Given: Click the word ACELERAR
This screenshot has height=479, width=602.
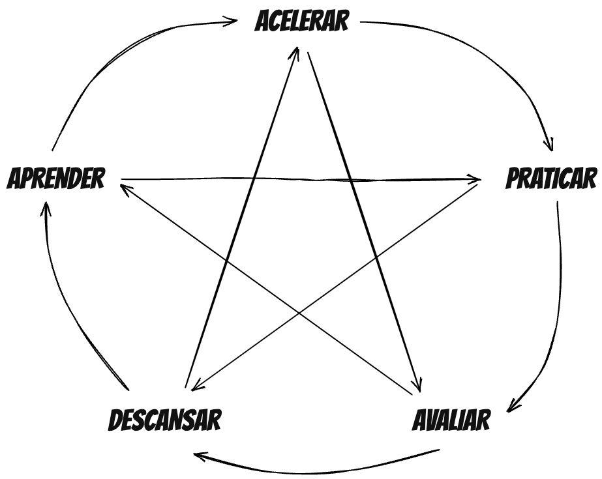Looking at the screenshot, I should tap(302, 22).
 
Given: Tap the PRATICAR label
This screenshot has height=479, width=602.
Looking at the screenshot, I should tap(552, 179).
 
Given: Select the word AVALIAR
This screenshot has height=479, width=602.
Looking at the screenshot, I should tap(451, 420).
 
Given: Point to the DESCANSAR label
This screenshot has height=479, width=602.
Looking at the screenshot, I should tap(164, 420).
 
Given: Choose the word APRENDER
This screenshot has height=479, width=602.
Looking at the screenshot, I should tap(55, 178).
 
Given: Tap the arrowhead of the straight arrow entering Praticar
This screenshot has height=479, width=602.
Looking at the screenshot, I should tap(475, 179).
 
